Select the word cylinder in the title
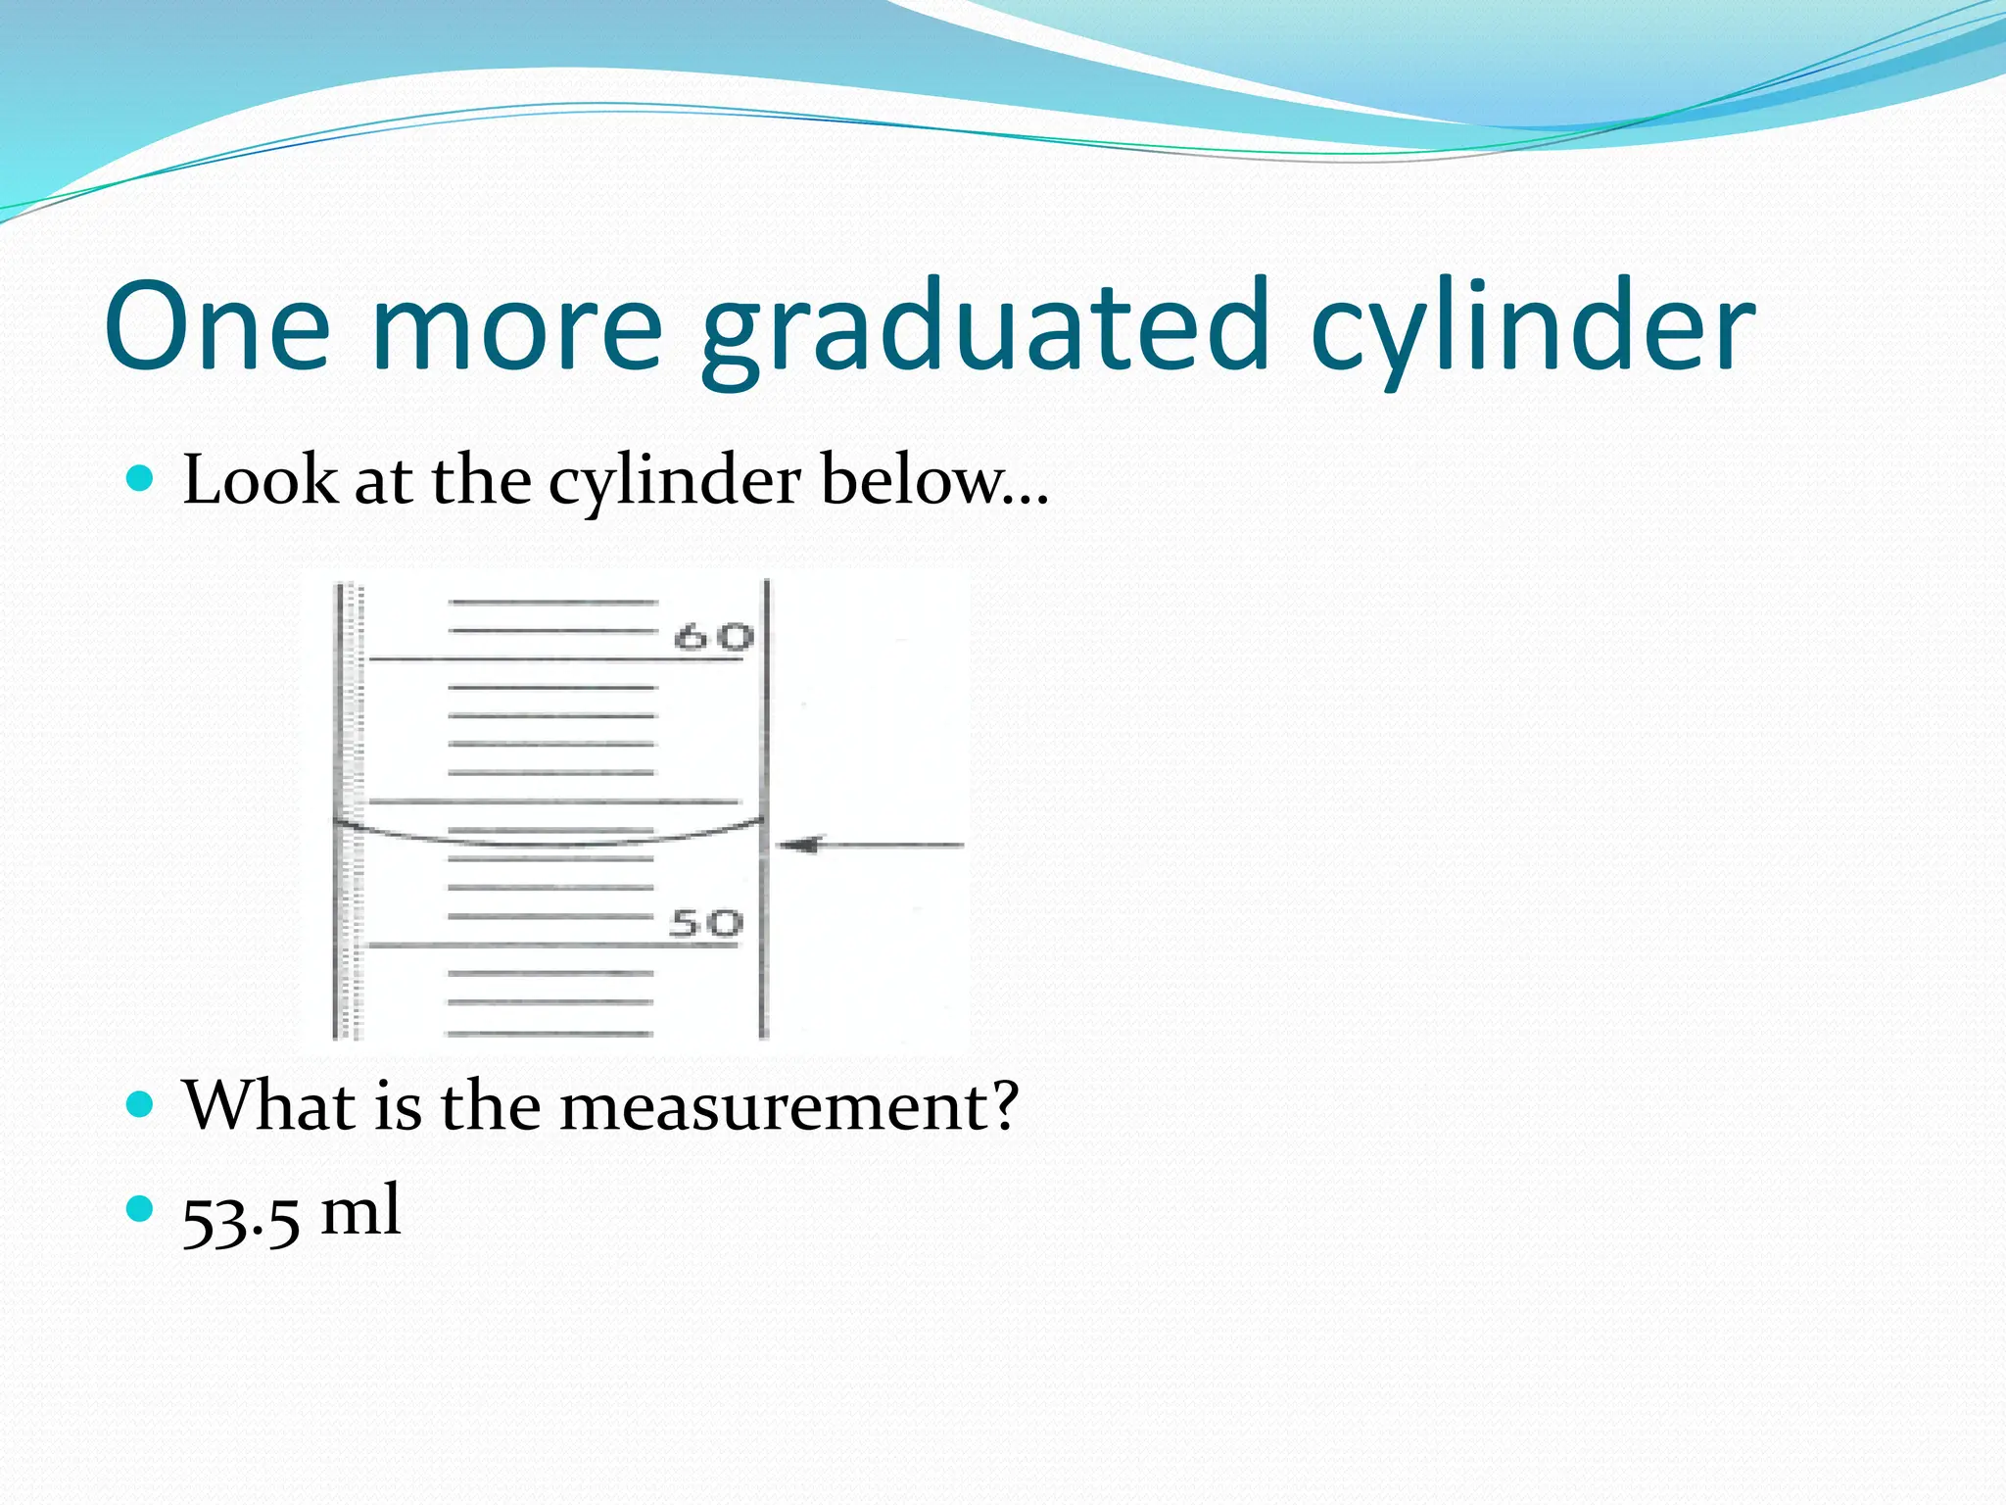[1532, 328]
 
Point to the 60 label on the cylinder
[714, 637]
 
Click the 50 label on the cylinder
[706, 923]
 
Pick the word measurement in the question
[774, 1105]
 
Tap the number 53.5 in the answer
[241, 1215]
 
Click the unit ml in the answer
[360, 1211]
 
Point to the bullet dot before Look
[141, 479]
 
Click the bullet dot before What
[141, 1105]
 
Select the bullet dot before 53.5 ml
[141, 1209]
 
